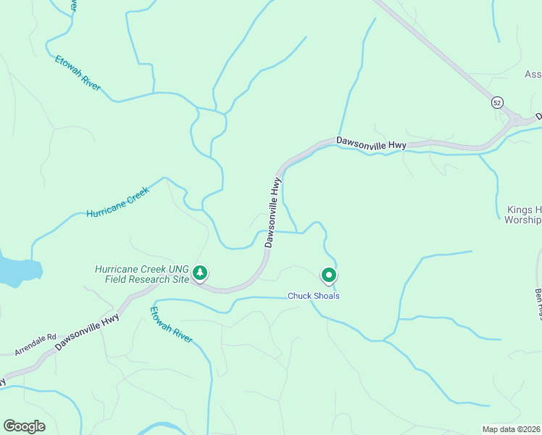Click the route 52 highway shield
pyautogui.click(x=496, y=103)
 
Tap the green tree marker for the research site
pyautogui.click(x=200, y=273)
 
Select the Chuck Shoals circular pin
pyautogui.click(x=329, y=275)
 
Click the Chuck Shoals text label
pyautogui.click(x=314, y=296)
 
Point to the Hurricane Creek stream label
pyautogui.click(x=117, y=202)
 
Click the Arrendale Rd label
pyautogui.click(x=36, y=344)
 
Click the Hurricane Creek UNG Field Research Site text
pyautogui.click(x=141, y=273)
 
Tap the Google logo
pyautogui.click(x=24, y=426)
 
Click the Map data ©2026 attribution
pyautogui.click(x=512, y=429)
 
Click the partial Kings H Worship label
pyautogui.click(x=522, y=214)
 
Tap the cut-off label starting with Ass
pyautogui.click(x=533, y=75)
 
